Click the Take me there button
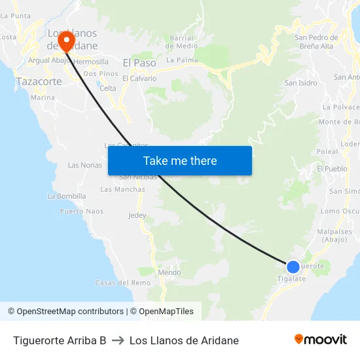pos(180,161)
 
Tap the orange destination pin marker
pos(66,41)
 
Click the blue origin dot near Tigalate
pos(293,266)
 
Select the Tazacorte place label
pos(39,82)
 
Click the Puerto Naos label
pos(82,211)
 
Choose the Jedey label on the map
pos(137,215)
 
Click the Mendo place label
pos(170,272)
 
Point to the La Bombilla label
pos(67,196)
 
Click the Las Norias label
pos(85,165)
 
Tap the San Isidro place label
pos(301,83)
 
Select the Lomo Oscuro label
pos(340,211)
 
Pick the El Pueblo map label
pos(332,169)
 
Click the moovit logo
pos(320,340)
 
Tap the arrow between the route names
pos(118,340)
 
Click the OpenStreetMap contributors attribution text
pos(65,312)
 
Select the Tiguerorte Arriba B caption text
pos(60,340)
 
